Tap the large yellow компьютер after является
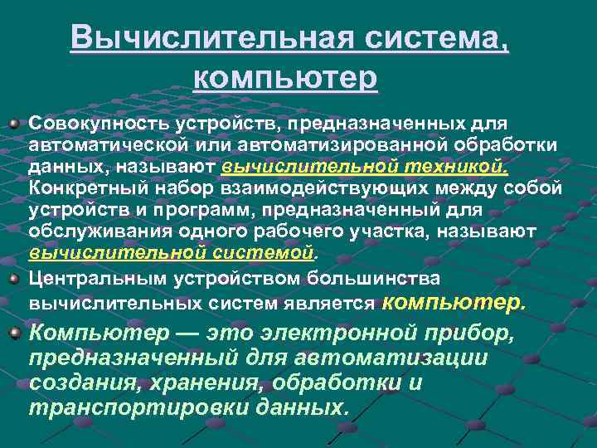tap(454, 302)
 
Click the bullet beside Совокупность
tap(14, 124)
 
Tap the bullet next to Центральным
tap(14, 277)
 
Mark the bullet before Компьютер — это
tap(14, 334)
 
